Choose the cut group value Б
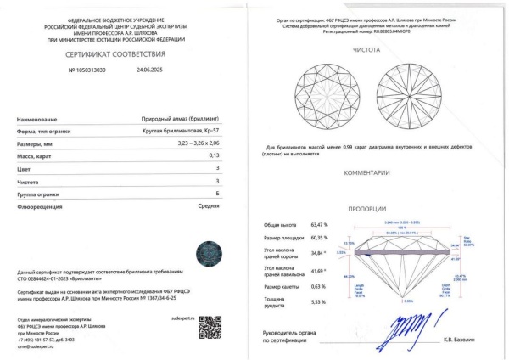[217, 193]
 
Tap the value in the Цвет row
[217, 168]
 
